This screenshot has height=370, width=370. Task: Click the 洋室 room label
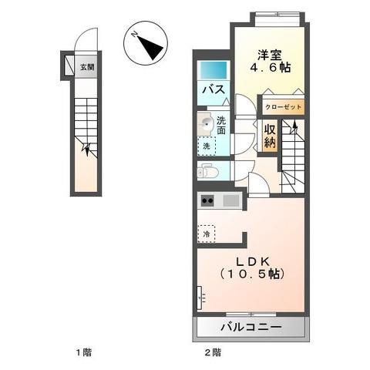click(269, 55)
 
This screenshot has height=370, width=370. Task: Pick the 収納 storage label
click(270, 136)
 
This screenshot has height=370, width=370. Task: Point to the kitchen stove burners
click(207, 201)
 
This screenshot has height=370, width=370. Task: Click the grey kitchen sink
click(230, 201)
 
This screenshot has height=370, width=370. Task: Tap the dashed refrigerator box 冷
click(206, 230)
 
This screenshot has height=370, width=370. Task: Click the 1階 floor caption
click(82, 352)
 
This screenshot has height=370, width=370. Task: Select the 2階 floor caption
click(212, 352)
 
